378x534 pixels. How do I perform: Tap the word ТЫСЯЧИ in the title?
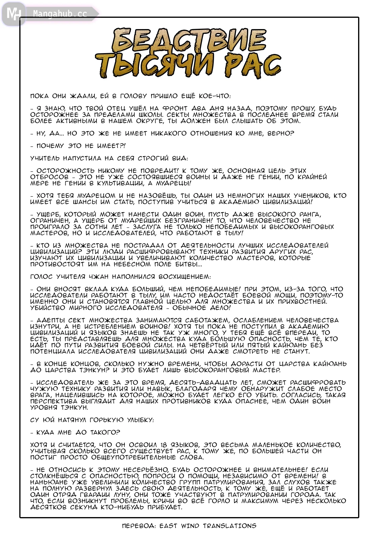coord(156,65)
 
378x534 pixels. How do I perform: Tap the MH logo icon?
coord(13,14)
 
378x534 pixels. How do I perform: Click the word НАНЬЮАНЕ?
coord(49,482)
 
